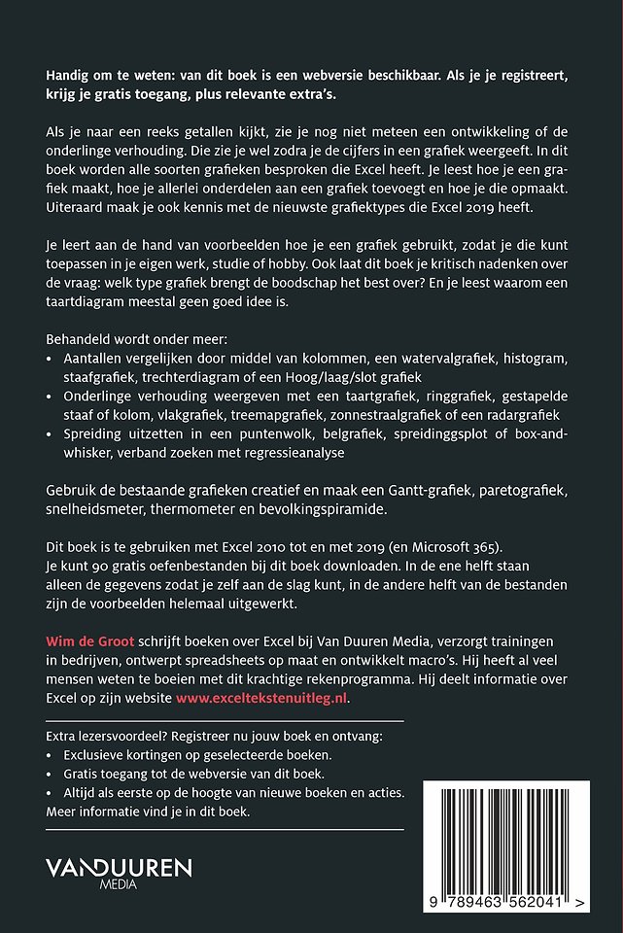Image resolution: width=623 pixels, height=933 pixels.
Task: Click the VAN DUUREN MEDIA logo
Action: coord(120,872)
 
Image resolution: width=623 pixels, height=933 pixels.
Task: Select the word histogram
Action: coord(527,359)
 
